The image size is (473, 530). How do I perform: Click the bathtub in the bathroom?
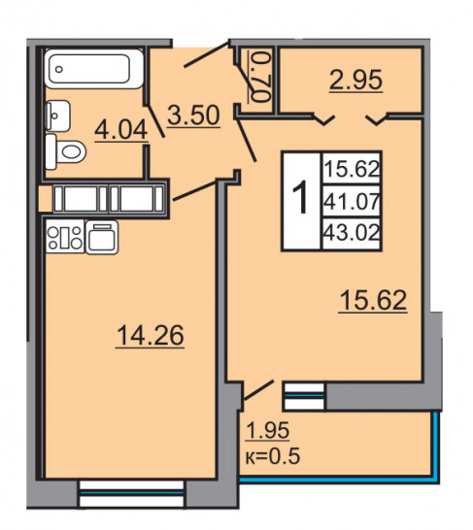tap(94, 69)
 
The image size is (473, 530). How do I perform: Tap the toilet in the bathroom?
tap(66, 151)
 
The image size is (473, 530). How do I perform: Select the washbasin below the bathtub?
tap(58, 116)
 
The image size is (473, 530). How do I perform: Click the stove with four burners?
tap(65, 237)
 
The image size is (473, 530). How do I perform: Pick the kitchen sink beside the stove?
tap(102, 237)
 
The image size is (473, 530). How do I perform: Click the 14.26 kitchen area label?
tap(151, 335)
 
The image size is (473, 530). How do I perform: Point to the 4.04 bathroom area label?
tap(120, 130)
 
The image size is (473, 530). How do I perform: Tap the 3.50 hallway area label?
tap(193, 116)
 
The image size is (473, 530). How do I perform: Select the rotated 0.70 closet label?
tap(261, 76)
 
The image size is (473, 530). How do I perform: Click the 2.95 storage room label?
tap(356, 80)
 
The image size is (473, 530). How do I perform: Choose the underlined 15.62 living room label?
tap(373, 300)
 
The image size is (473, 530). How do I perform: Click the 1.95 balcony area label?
tap(268, 431)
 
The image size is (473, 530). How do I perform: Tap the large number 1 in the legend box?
tap(300, 199)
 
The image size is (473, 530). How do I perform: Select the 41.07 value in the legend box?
tap(352, 202)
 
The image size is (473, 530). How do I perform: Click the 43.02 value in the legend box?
tap(352, 233)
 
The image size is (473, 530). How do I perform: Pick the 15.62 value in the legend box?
tap(352, 169)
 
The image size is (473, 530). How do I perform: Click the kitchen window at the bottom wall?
tap(131, 494)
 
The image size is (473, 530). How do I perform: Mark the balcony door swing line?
tap(258, 391)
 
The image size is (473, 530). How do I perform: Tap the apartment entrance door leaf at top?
tap(207, 54)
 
